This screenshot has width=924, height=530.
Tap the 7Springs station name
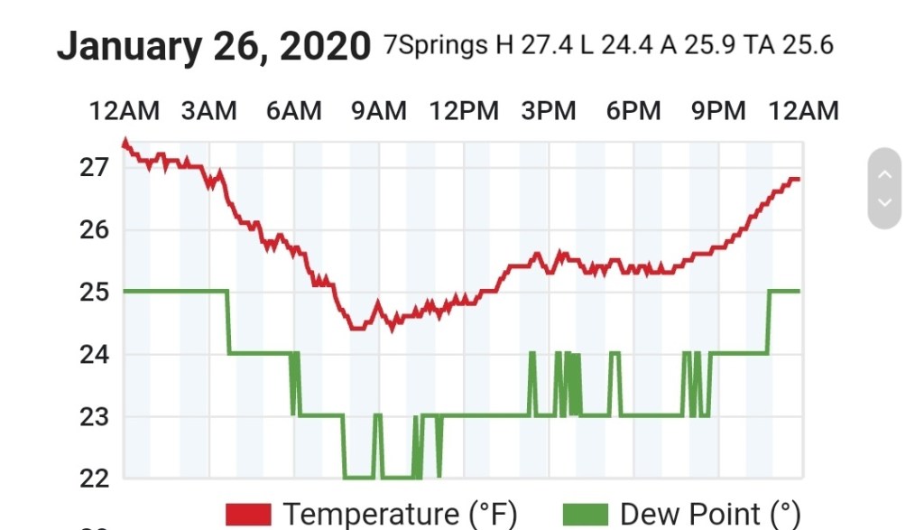pos(436,45)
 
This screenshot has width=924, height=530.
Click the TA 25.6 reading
pos(790,45)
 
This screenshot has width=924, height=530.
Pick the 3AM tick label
pos(208,111)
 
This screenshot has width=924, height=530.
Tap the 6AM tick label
pos(293,111)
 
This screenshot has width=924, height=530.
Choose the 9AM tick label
pos(379,111)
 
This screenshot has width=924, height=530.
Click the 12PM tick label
pos(464,111)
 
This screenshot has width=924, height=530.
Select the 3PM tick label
pos(549,111)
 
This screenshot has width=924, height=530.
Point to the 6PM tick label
pos(633,111)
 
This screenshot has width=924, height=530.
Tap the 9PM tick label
pos(718,111)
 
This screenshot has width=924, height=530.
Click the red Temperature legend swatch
pos(248,515)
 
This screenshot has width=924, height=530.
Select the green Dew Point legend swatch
pos(586,515)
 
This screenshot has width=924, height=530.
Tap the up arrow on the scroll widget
pos(884,173)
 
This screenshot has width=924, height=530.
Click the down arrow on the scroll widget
pos(884,202)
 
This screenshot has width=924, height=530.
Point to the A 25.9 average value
pos(704,45)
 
